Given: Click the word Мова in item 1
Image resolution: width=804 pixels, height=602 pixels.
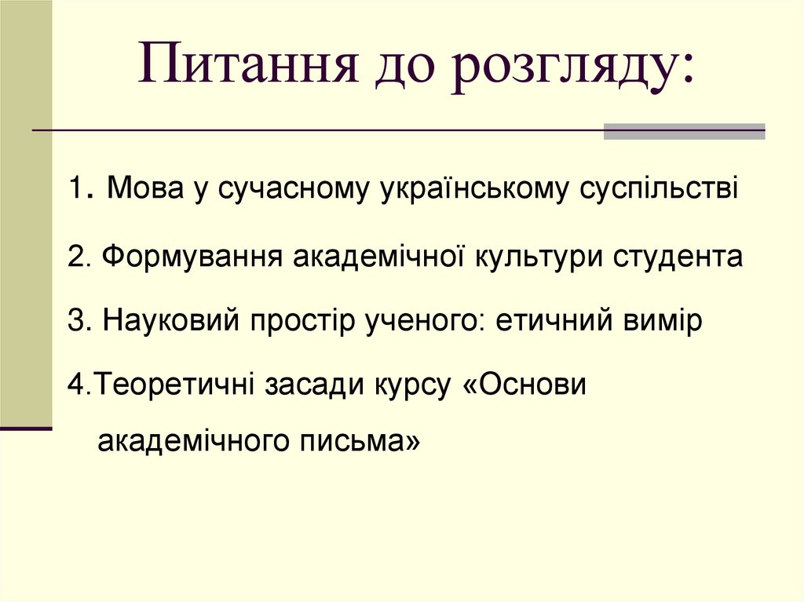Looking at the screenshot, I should pyautogui.click(x=144, y=189).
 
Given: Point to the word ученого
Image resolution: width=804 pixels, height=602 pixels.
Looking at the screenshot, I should pyautogui.click(x=411, y=322).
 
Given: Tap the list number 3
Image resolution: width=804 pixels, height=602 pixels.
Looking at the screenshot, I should pyautogui.click(x=75, y=322).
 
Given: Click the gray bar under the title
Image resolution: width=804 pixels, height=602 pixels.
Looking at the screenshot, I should pyautogui.click(x=684, y=131).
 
